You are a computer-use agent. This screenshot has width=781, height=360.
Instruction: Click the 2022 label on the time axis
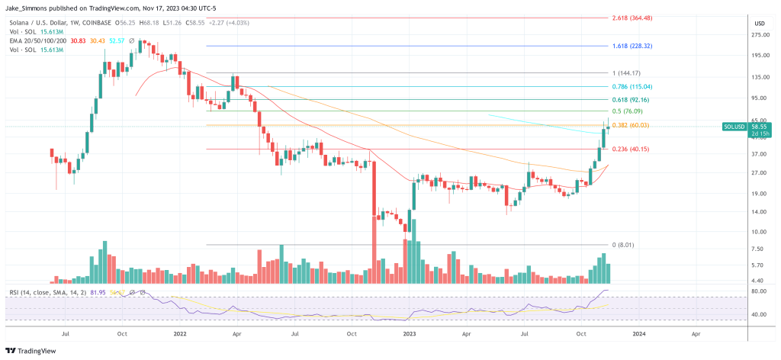tap(180, 333)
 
